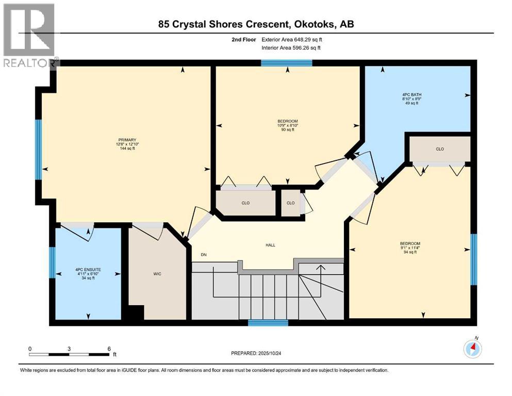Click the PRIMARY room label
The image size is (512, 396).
126,140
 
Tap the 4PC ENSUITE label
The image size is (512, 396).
88,270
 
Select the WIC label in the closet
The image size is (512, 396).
158,274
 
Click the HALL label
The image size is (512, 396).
270,245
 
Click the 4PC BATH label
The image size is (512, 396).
410,94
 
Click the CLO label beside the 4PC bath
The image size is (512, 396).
439,149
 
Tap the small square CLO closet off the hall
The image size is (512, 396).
291,203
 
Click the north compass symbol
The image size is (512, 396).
473,349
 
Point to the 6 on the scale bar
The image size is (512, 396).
109,349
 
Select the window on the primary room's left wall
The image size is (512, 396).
38,150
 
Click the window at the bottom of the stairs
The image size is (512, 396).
268,323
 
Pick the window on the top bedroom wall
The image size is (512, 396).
286,63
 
